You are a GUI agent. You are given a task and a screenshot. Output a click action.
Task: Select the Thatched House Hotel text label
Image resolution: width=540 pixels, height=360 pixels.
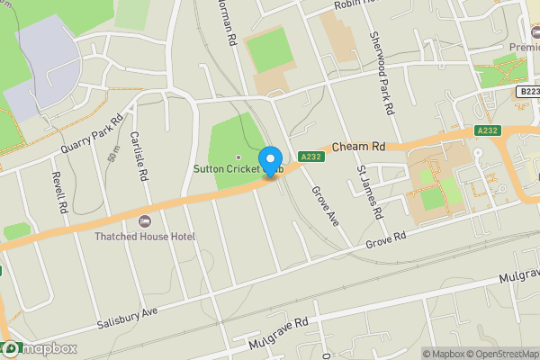click(x=144, y=236)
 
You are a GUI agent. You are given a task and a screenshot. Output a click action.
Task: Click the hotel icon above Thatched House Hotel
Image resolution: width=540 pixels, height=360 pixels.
click(x=143, y=221)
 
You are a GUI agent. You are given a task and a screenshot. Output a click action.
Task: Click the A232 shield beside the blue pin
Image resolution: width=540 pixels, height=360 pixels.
click(x=309, y=155)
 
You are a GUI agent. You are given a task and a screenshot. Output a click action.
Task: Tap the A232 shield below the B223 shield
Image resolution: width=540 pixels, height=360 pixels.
click(x=487, y=130)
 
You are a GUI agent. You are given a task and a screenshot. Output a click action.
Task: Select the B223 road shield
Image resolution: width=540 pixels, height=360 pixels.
click(x=529, y=92)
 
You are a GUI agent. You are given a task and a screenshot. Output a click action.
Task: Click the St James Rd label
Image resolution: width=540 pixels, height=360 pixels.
click(x=370, y=193)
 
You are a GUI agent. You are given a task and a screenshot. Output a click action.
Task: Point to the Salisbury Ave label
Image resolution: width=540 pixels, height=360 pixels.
click(x=127, y=316)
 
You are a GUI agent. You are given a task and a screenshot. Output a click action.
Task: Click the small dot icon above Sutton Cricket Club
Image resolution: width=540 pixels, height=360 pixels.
click(x=238, y=157)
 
